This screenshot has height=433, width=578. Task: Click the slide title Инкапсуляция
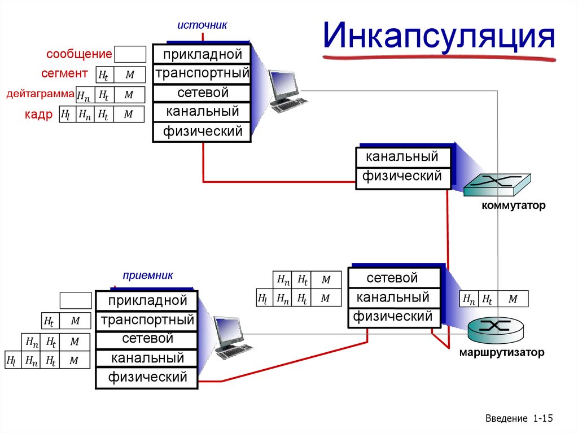pos(439,38)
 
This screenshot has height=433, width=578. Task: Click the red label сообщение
pos(79,55)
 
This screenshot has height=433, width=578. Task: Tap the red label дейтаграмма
pos(40,94)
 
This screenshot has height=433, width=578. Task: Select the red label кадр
pos(38,115)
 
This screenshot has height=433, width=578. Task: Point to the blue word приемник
pos(147,275)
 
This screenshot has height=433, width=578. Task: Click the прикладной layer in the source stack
pos(202,55)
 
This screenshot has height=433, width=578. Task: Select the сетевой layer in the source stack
pos(202,93)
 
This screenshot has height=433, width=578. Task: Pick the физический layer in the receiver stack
pos(147,377)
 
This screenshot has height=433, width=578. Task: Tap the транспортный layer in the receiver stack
pos(147,321)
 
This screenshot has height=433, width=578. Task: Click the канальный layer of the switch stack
pos(402,156)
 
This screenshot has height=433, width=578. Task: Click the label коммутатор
pos(513,206)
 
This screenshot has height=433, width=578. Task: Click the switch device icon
pos(497,183)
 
